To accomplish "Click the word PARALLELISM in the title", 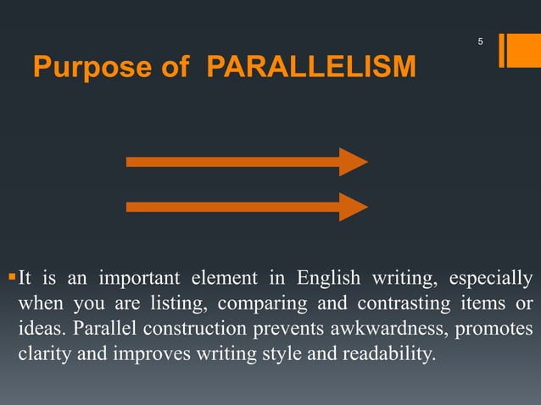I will point(312,67).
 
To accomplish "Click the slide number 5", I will point(480,42).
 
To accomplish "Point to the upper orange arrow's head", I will point(353,162).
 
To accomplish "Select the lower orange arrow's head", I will point(353,207).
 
